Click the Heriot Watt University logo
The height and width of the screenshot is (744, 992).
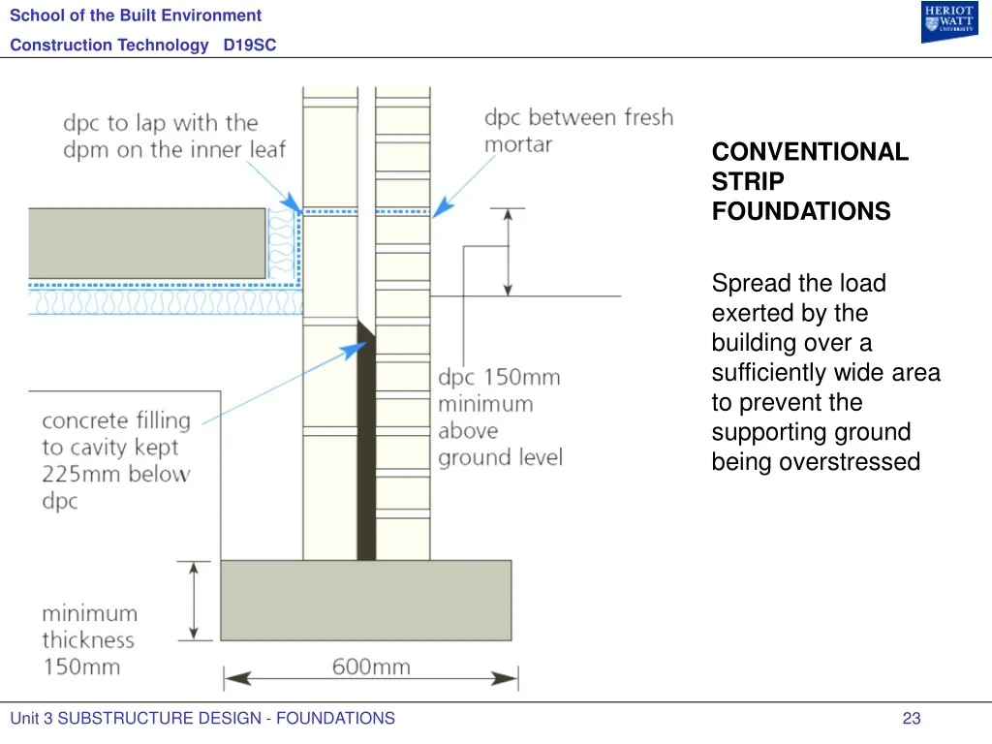point(949,21)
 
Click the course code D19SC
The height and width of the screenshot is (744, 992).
point(250,45)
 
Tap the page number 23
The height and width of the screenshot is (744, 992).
point(912,718)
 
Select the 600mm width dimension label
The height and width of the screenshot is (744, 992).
point(371,666)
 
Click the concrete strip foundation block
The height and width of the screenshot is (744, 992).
point(365,600)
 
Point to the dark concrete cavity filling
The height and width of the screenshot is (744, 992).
point(366,443)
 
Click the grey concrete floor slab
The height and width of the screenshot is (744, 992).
point(147,243)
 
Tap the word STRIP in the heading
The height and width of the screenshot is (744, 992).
point(748,181)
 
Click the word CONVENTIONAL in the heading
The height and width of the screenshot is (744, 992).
point(810,152)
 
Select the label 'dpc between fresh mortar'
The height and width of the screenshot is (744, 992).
point(579,131)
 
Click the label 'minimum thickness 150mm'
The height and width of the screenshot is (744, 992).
point(90,639)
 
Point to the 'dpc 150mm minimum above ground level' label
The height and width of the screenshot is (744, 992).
point(500,417)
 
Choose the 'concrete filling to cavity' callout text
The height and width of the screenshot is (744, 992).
point(116,460)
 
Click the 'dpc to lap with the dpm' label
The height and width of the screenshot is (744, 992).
point(174,136)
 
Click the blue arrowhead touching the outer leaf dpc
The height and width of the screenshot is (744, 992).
point(442,207)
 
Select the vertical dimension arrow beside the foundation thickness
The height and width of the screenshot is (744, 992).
point(194,601)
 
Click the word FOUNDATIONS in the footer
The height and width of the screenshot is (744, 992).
point(335,718)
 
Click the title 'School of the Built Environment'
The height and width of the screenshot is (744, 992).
point(136,15)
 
